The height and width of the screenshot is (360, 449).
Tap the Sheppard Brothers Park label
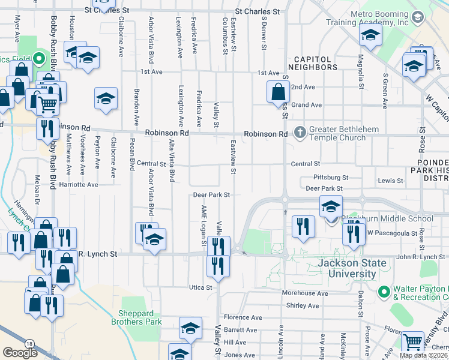pyautogui.click(x=136, y=317)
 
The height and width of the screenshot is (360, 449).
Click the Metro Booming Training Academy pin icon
pyautogui.click(x=418, y=18)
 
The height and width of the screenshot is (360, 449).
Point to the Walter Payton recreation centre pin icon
pyautogui.click(x=384, y=292)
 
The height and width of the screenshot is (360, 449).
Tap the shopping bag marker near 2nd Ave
pyautogui.click(x=278, y=92)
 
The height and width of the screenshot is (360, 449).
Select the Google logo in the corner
pyautogui.click(x=20, y=352)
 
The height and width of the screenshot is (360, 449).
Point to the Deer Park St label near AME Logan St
pyautogui.click(x=211, y=194)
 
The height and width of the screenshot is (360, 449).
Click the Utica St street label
pyautogui.click(x=201, y=287)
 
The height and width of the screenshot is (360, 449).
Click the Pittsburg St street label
pyautogui.click(x=331, y=178)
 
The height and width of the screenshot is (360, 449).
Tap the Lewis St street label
pyautogui.click(x=390, y=181)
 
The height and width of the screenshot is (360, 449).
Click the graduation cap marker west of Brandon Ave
pyautogui.click(x=106, y=100)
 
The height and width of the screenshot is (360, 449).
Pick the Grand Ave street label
pyautogui.click(x=307, y=105)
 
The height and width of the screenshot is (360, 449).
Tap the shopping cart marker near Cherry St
pyautogui.click(x=412, y=342)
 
